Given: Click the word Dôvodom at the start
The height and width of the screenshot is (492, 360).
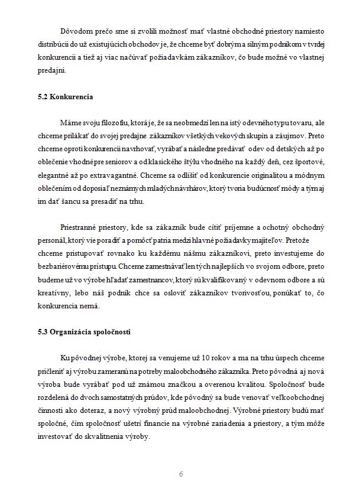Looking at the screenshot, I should coord(77,31).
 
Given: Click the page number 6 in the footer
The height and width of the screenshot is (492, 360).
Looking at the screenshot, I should coord(180,474).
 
